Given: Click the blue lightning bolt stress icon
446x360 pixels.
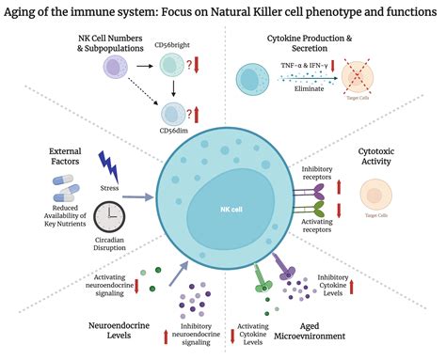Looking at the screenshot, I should click(x=108, y=172).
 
